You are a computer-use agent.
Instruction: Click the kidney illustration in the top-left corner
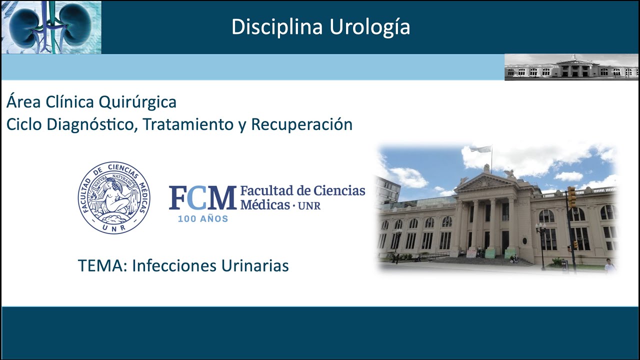click(51, 27)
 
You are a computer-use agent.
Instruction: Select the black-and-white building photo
click(571, 67)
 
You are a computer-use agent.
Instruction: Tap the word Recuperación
click(301, 124)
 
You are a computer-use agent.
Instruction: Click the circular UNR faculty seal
click(114, 198)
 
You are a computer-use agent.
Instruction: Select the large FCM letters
click(202, 197)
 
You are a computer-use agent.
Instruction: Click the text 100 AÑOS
click(203, 218)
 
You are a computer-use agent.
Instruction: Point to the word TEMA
click(102, 265)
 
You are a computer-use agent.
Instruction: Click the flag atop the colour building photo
click(480, 149)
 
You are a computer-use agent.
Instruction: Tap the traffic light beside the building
click(571, 196)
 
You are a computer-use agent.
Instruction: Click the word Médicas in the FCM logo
click(264, 204)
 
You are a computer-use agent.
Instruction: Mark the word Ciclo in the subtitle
click(24, 124)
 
